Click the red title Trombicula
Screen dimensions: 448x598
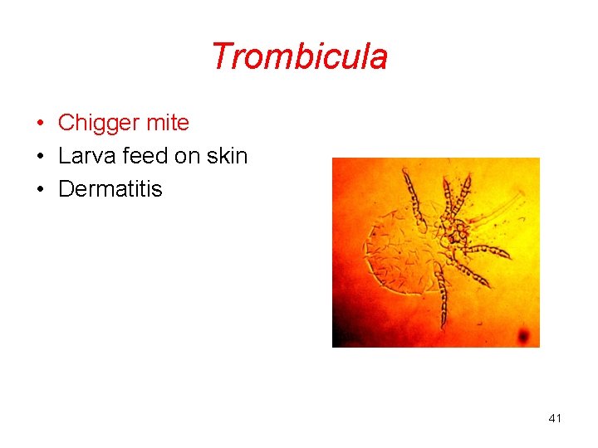pos(299,56)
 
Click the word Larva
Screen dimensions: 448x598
pos(84,156)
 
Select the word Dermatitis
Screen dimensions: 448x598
pos(110,189)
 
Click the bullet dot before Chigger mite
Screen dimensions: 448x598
pos(39,124)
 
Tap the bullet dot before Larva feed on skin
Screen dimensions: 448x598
pos(39,157)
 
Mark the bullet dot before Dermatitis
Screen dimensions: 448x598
pos(39,190)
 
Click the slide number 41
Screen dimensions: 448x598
pos(555,418)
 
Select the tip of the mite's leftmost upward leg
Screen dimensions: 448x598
pos(406,171)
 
